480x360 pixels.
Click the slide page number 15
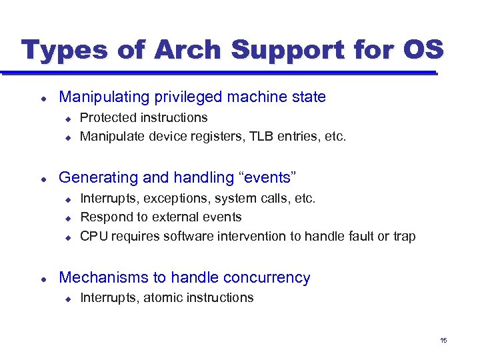pos(443,341)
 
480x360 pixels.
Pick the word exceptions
pos(165,198)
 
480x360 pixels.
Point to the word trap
pos(404,236)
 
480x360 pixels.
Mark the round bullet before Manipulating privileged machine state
pos(43,98)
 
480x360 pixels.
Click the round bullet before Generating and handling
pos(43,178)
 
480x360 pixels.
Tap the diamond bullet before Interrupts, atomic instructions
pos(67,299)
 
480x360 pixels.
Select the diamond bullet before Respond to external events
pos(67,217)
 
